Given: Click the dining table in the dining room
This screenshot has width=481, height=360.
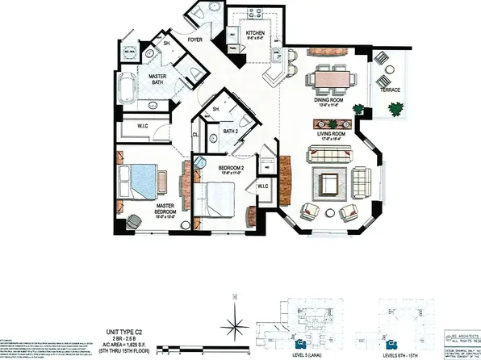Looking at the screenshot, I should pyautogui.click(x=331, y=79).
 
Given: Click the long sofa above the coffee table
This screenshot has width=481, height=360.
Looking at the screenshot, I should pyautogui.click(x=329, y=156).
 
